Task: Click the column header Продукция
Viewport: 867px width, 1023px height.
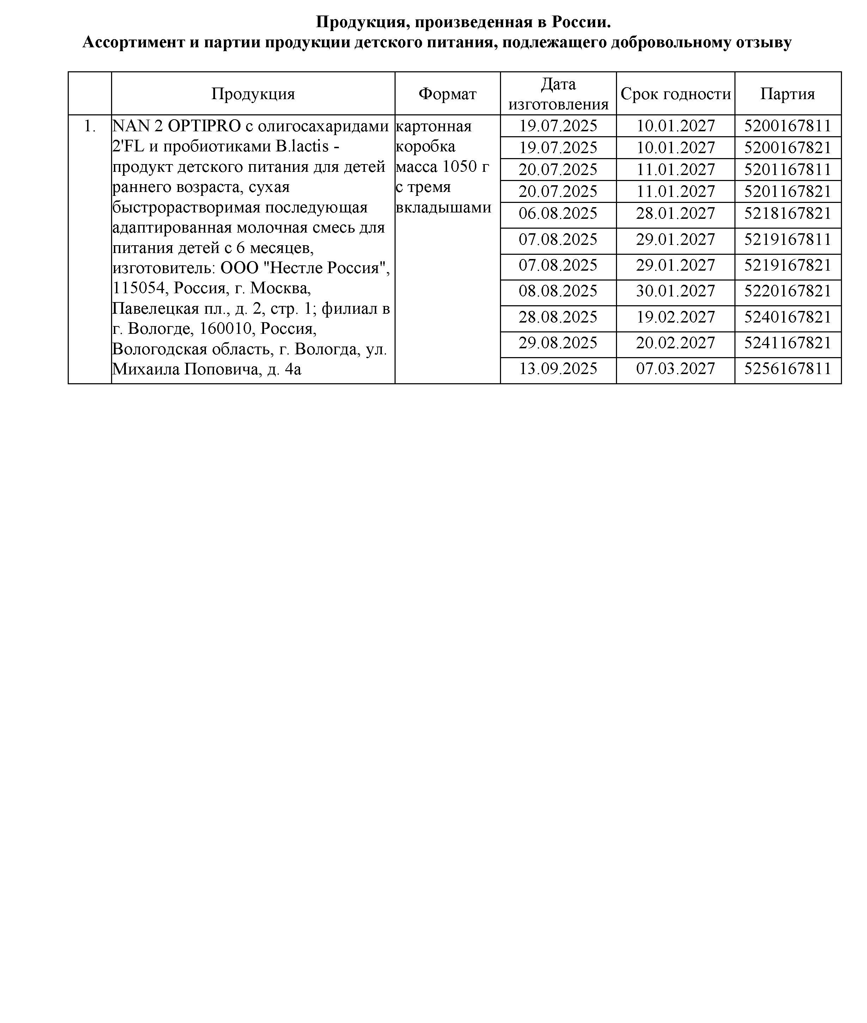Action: pos(253,94)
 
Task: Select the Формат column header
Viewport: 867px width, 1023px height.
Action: pos(447,94)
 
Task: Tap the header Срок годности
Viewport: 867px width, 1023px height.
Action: pos(675,94)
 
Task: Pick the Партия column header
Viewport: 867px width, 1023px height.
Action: pos(787,94)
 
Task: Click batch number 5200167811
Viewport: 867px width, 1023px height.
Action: pos(787,126)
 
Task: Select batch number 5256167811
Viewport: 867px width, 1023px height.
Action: pos(787,369)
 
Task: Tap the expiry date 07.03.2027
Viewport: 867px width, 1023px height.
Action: pos(675,369)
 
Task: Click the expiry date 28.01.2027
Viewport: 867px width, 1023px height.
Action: pos(675,213)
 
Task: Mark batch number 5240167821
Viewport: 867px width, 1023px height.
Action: pos(787,317)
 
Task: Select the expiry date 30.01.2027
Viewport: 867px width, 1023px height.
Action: pos(675,291)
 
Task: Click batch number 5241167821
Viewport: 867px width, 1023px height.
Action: pos(787,343)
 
